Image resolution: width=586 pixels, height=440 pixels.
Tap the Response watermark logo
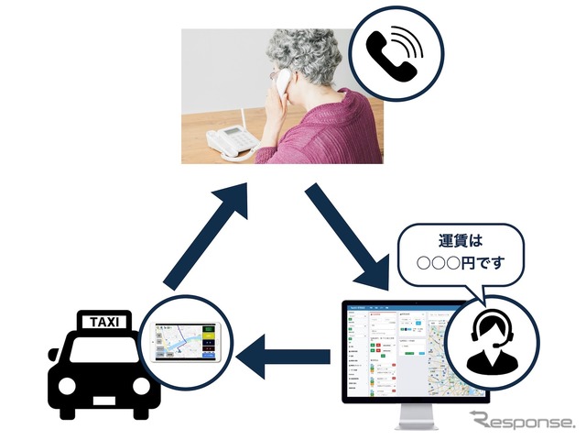click(x=522, y=422)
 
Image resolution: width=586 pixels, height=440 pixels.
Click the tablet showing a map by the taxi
click(x=189, y=340)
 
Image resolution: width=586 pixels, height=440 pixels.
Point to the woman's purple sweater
click(x=339, y=128)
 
